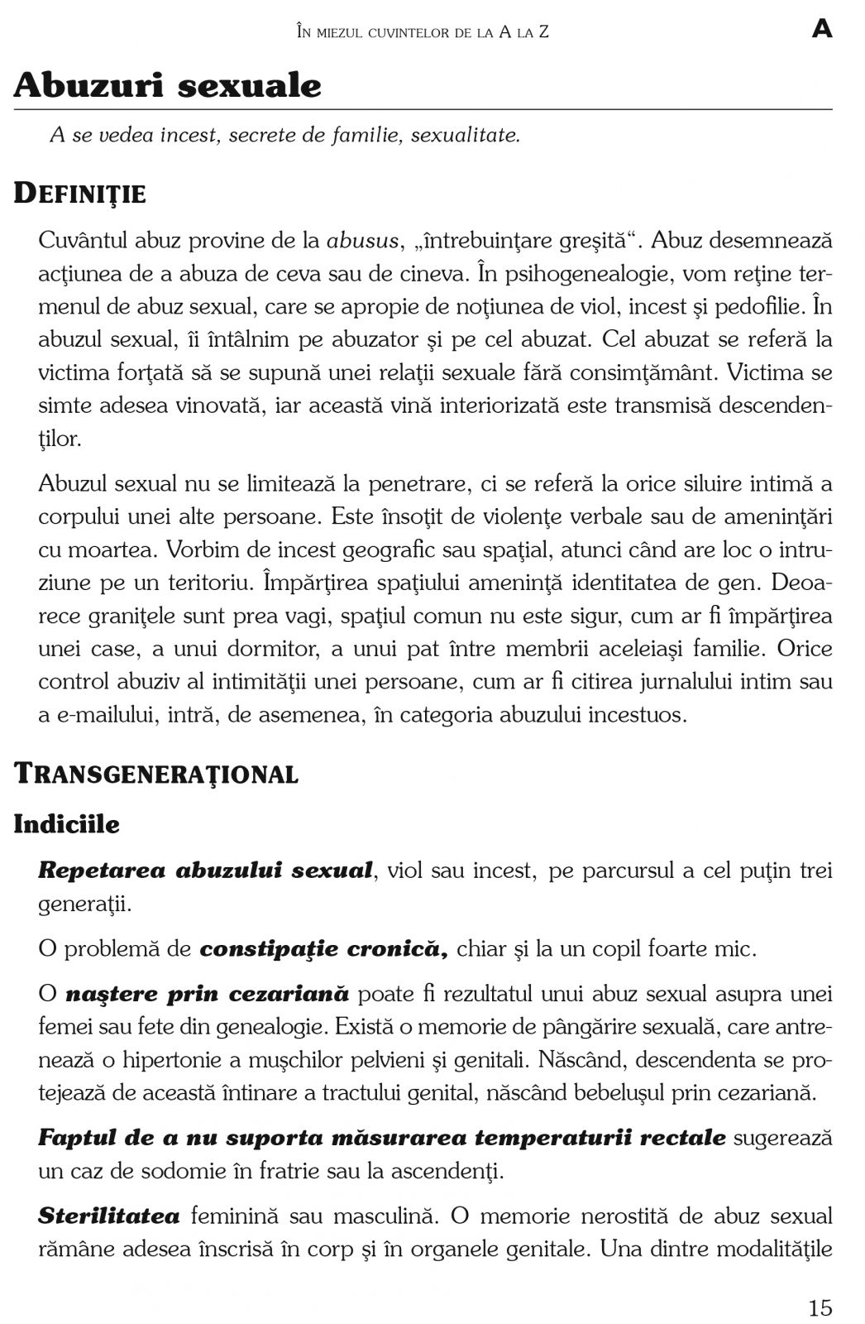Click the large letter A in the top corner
click(x=821, y=31)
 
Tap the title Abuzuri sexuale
click(x=168, y=86)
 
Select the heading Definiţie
click(x=80, y=194)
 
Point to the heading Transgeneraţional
click(x=156, y=775)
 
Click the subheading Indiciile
click(x=67, y=825)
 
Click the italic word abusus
click(x=363, y=241)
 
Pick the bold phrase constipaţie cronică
click(x=323, y=949)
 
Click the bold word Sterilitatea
click(x=109, y=1216)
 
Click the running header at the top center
click(x=422, y=32)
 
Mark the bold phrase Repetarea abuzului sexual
click(x=205, y=871)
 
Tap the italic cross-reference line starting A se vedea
click(x=284, y=135)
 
